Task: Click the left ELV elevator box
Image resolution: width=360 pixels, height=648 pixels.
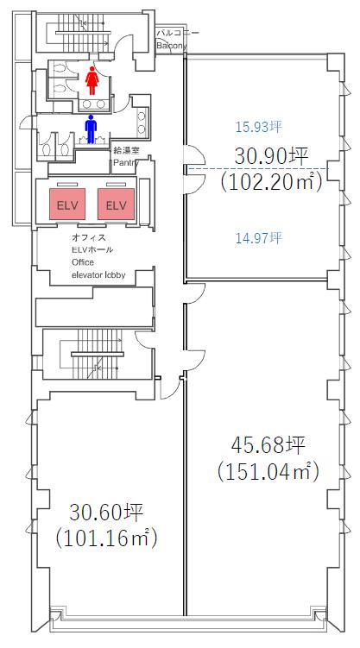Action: (68, 204)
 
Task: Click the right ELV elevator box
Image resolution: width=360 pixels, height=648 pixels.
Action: (117, 204)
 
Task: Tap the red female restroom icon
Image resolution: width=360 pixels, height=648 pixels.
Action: (92, 80)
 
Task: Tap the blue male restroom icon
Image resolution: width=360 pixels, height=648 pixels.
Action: (91, 129)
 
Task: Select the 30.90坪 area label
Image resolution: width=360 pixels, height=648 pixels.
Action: (272, 157)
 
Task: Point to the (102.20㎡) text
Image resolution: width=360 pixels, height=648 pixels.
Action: (271, 182)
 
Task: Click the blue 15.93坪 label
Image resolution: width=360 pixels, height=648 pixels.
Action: (259, 127)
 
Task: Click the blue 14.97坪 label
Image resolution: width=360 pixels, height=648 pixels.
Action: (259, 237)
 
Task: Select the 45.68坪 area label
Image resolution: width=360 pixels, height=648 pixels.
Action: (268, 446)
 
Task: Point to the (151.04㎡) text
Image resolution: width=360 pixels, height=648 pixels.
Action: (268, 471)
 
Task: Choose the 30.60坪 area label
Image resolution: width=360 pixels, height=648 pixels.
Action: (106, 513)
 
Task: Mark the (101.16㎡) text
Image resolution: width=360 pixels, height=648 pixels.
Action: (107, 538)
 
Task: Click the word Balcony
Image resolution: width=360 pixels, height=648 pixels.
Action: (171, 46)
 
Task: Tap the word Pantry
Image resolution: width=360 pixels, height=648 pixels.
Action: (126, 163)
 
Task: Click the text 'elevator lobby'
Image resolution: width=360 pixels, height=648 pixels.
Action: (98, 274)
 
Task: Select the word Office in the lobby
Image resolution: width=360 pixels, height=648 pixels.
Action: (83, 262)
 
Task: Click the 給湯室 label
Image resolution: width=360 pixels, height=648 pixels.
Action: (127, 151)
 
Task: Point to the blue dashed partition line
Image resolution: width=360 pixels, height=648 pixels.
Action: (258, 168)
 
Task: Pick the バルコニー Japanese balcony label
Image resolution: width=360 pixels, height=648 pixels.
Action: (172, 33)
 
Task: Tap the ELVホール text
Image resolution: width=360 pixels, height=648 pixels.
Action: (92, 250)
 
